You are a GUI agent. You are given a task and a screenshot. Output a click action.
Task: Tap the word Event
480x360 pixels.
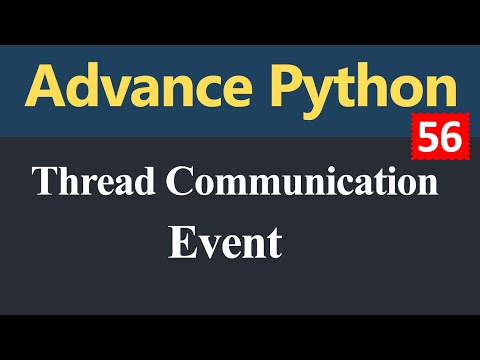point(224,242)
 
